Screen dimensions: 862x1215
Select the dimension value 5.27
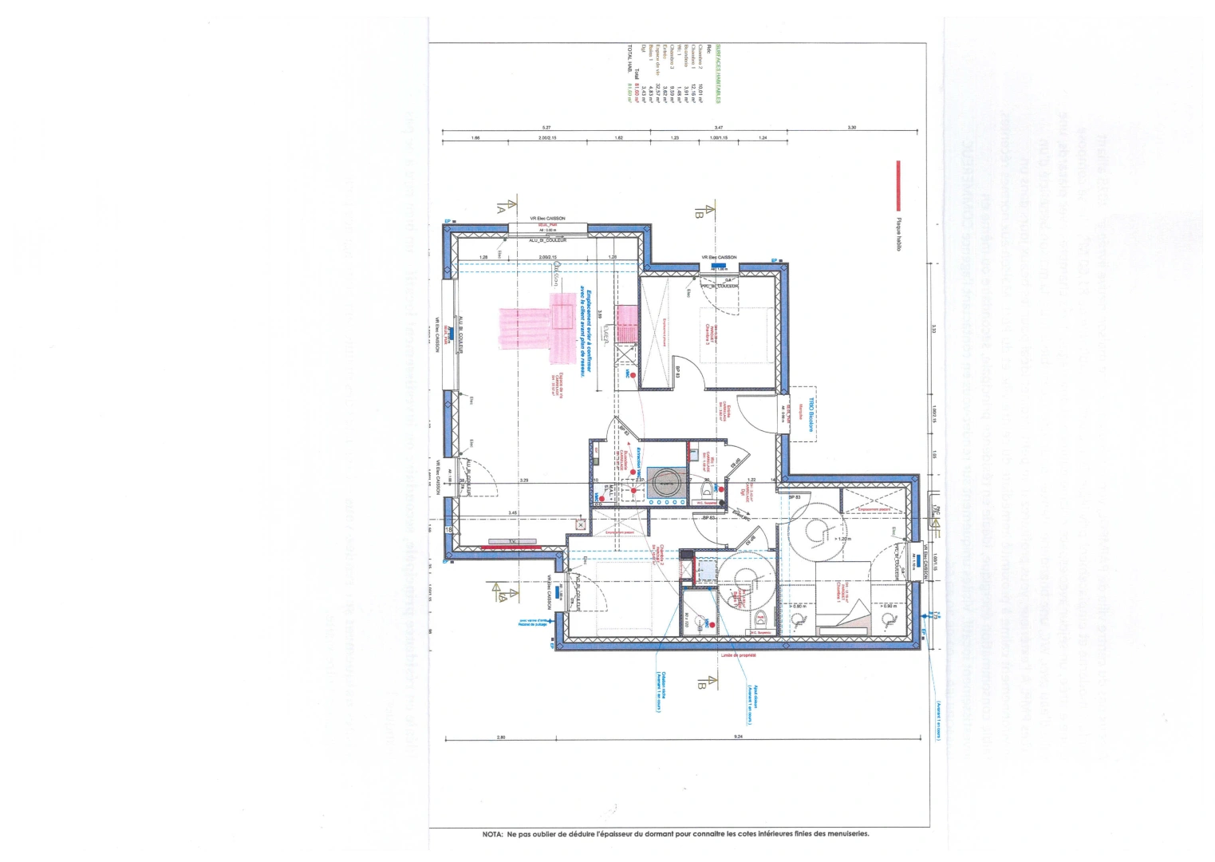pos(546,128)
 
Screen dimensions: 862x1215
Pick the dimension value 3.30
pos(851,128)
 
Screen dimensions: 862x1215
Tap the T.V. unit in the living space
pos(512,542)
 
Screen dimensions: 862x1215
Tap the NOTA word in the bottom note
pos(492,834)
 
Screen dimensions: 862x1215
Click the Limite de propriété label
pos(738,655)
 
